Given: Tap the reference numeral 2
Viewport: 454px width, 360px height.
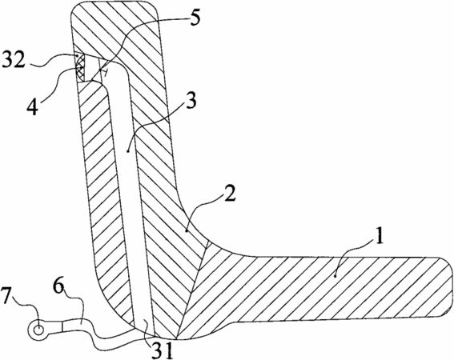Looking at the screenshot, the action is [x=229, y=193].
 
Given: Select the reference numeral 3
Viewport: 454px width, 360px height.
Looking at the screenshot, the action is [x=191, y=100].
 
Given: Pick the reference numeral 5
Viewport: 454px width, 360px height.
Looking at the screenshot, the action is [x=195, y=18].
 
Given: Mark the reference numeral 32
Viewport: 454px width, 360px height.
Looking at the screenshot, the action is [x=14, y=60].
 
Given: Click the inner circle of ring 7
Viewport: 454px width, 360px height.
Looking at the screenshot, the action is [x=38, y=330].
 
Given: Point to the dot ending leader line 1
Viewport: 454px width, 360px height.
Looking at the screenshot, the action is [x=335, y=277].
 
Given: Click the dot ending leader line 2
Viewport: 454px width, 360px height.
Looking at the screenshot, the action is [x=187, y=230].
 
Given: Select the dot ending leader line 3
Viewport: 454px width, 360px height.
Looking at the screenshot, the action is [x=127, y=150].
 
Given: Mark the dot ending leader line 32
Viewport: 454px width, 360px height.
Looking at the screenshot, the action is [x=77, y=55].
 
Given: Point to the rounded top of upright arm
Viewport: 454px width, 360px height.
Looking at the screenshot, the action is [x=115, y=3].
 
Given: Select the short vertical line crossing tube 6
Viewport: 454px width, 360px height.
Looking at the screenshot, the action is [x=62, y=327].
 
